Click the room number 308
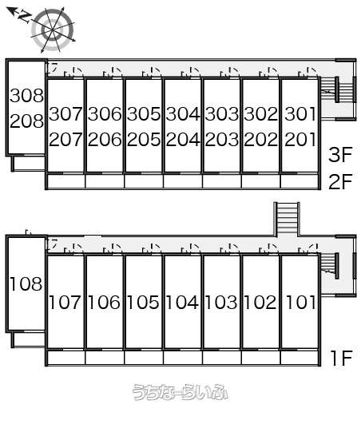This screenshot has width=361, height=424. [26, 96]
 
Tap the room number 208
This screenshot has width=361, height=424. [26, 121]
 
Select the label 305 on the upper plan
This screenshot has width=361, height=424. [144, 114]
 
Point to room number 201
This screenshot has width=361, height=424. [300, 139]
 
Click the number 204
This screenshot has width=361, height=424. [183, 139]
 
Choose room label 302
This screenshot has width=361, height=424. [261, 114]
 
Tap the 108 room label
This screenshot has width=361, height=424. [26, 284]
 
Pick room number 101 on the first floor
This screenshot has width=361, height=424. [300, 302]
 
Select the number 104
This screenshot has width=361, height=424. [182, 302]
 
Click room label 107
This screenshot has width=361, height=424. [65, 302]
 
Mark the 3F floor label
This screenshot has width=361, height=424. [340, 154]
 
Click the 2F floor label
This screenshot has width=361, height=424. [340, 181]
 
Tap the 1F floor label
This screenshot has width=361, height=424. [342, 358]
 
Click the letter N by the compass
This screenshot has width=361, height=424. [24, 17]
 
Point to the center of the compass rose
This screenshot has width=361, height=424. [53, 30]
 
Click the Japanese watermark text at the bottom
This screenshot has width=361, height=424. [180, 392]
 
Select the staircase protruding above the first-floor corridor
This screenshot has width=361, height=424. [287, 219]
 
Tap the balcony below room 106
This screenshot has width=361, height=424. [105, 358]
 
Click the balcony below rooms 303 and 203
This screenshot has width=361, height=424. [222, 181]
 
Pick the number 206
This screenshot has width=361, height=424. [105, 139]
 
